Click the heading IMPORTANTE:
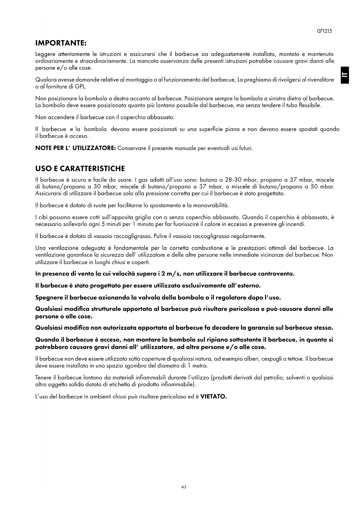pos(61,43)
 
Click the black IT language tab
pos(345,75)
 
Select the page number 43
pos(184,487)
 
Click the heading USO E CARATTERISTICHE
pos(80,169)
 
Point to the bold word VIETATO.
pos(214,396)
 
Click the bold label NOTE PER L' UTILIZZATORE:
pos(75,148)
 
